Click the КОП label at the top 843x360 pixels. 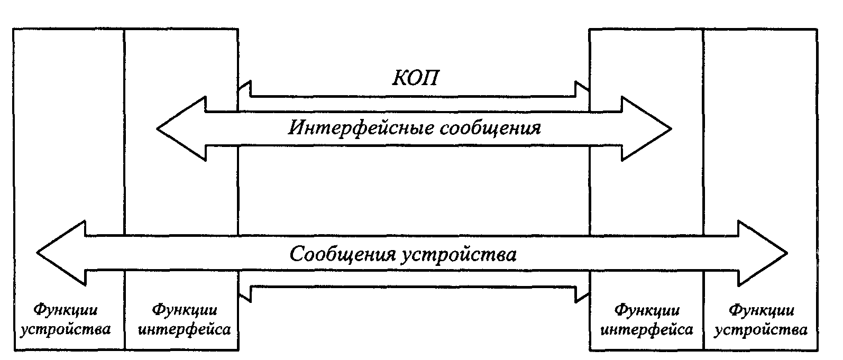(415, 78)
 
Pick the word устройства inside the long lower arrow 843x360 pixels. (459, 254)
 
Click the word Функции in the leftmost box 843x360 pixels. (66, 309)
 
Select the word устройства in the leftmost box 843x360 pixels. (66, 330)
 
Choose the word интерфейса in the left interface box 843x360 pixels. (184, 330)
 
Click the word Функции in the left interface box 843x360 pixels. (184, 309)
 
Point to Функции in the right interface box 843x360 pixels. (647, 309)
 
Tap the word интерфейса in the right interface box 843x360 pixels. (647, 330)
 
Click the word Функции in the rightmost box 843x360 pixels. (762, 309)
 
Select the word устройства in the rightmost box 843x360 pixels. (762, 330)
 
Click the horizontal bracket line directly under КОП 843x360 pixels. (413, 96)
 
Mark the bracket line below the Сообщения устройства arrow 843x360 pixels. (413, 287)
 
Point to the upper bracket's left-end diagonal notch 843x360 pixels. (244, 86)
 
